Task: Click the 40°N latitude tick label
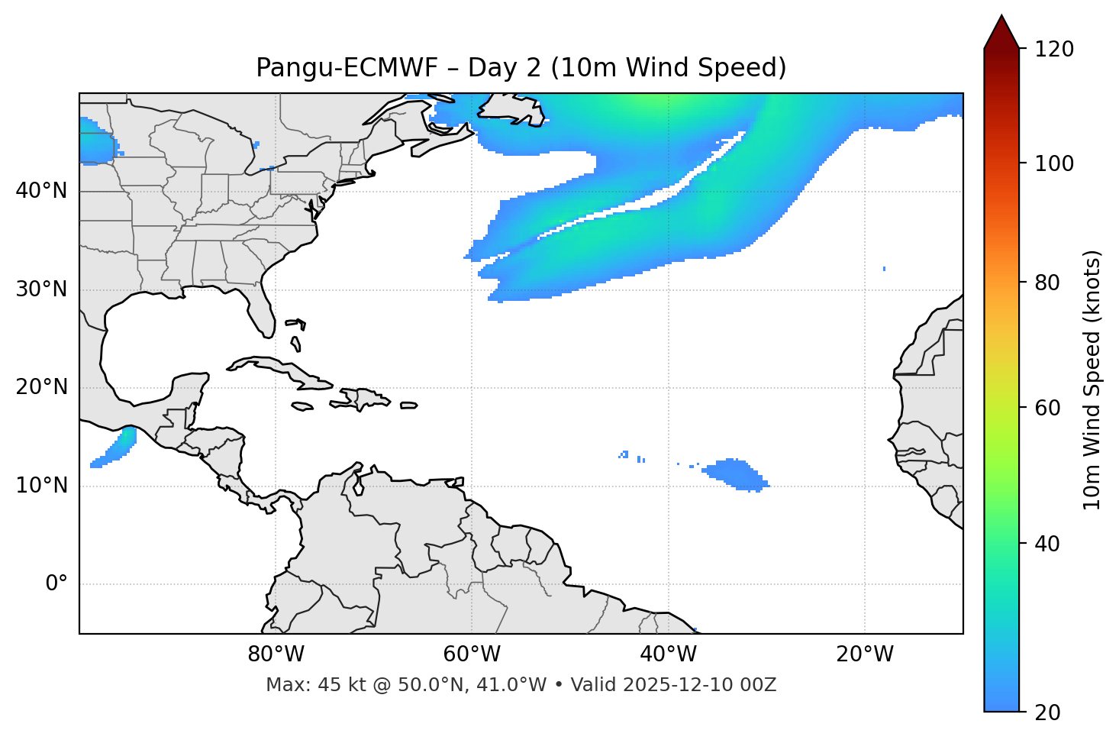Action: [41, 191]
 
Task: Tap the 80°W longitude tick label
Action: [276, 654]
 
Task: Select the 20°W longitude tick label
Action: [865, 654]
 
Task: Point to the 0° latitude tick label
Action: [56, 584]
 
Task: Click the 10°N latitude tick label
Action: [41, 486]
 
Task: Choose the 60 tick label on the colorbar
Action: [1047, 408]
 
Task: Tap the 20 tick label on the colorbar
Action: [1047, 713]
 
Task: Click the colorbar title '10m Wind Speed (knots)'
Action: [1092, 380]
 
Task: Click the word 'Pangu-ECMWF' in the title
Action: [347, 68]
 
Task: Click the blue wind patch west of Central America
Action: [114, 448]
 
